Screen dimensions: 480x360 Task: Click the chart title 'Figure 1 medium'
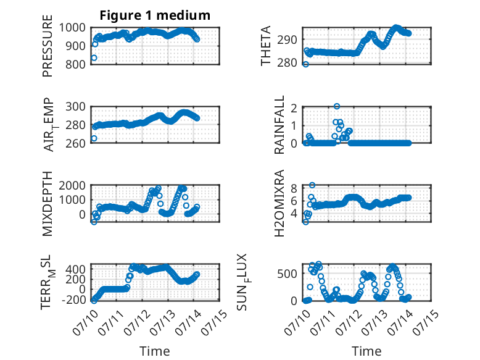155,15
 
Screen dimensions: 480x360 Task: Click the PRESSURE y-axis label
48,46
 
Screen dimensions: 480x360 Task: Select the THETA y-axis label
266,46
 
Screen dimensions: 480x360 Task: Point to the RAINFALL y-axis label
279,125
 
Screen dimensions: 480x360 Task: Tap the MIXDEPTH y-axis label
48,204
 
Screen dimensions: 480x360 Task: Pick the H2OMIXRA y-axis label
279,203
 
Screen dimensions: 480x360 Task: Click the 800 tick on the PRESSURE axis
74,64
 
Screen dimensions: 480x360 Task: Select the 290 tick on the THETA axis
287,40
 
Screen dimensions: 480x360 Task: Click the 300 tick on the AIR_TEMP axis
75,107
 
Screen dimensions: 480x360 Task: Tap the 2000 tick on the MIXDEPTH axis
72,185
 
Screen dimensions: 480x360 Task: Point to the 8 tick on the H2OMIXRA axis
294,188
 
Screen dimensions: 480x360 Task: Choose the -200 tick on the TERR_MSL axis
74,299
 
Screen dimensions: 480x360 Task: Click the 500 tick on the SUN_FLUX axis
287,274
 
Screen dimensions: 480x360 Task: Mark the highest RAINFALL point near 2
337,106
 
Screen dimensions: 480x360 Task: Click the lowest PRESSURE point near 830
94,58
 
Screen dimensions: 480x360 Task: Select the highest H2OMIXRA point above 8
312,185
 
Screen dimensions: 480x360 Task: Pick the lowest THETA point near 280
305,64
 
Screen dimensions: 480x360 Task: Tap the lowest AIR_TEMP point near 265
94,138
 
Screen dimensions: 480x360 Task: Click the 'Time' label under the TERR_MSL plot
155,351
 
